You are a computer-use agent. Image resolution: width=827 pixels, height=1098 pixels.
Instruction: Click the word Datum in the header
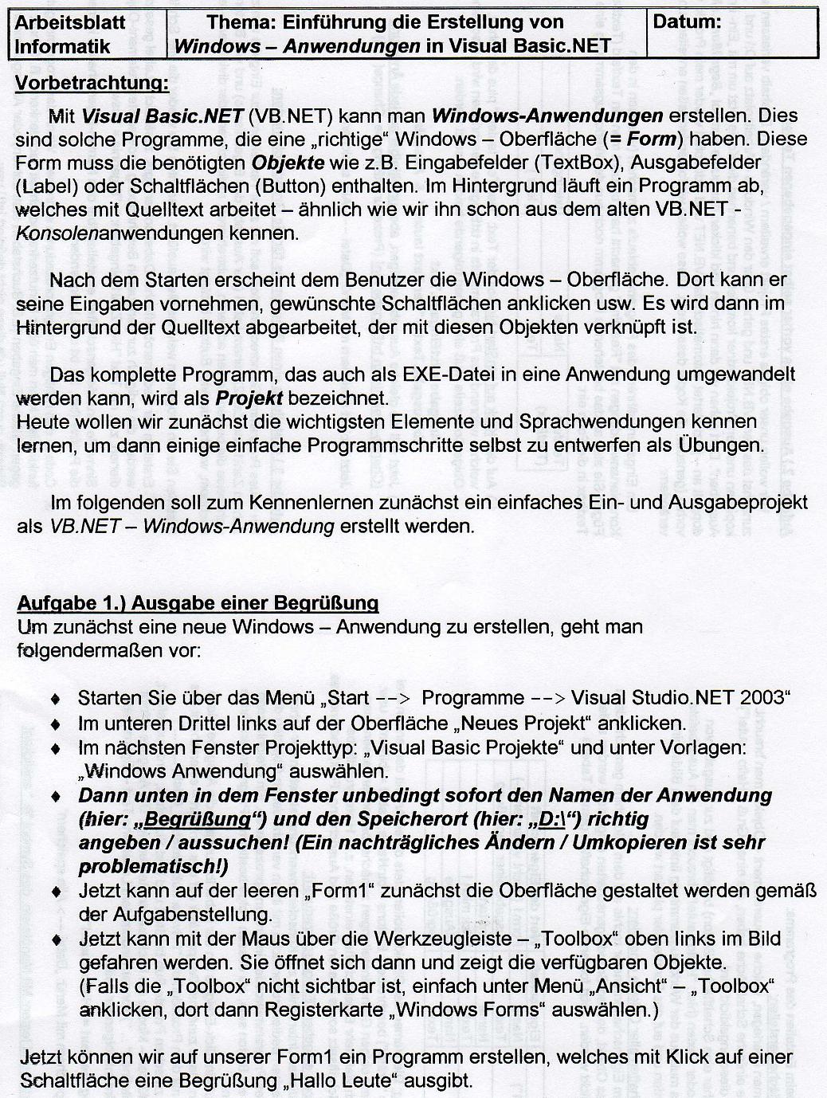pyautogui.click(x=686, y=22)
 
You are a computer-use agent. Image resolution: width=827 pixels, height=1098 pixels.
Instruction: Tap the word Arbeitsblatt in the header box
pyautogui.click(x=70, y=22)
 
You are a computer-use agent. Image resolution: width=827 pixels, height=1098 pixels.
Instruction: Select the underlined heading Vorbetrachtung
pyautogui.click(x=92, y=83)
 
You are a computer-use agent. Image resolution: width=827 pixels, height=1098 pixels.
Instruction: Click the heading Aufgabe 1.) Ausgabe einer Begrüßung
pyautogui.click(x=198, y=602)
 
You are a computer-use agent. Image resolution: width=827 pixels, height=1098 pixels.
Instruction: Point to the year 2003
pyautogui.click(x=763, y=698)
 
